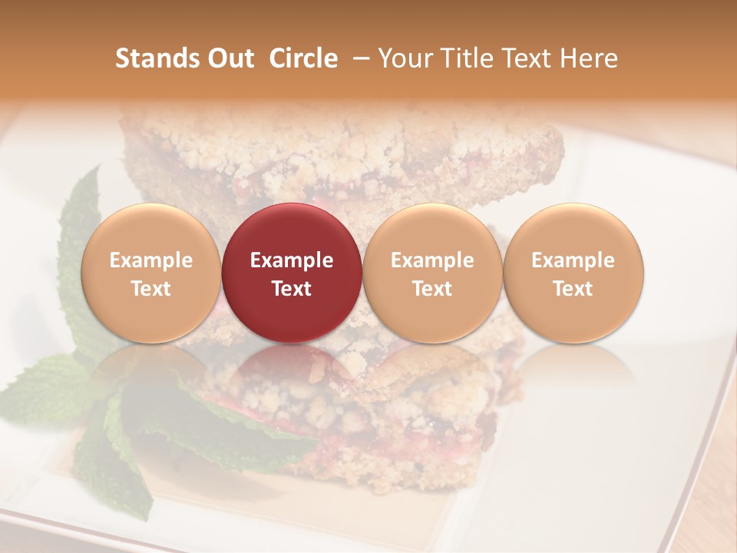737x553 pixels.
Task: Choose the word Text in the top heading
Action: [x=530, y=58]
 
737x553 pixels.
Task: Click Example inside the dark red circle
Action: [x=292, y=260]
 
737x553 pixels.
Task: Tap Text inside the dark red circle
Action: [x=292, y=289]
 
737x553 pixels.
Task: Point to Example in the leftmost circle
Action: [x=150, y=260]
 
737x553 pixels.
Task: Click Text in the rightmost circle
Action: [x=573, y=289]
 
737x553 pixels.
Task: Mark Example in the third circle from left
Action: [x=432, y=260]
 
